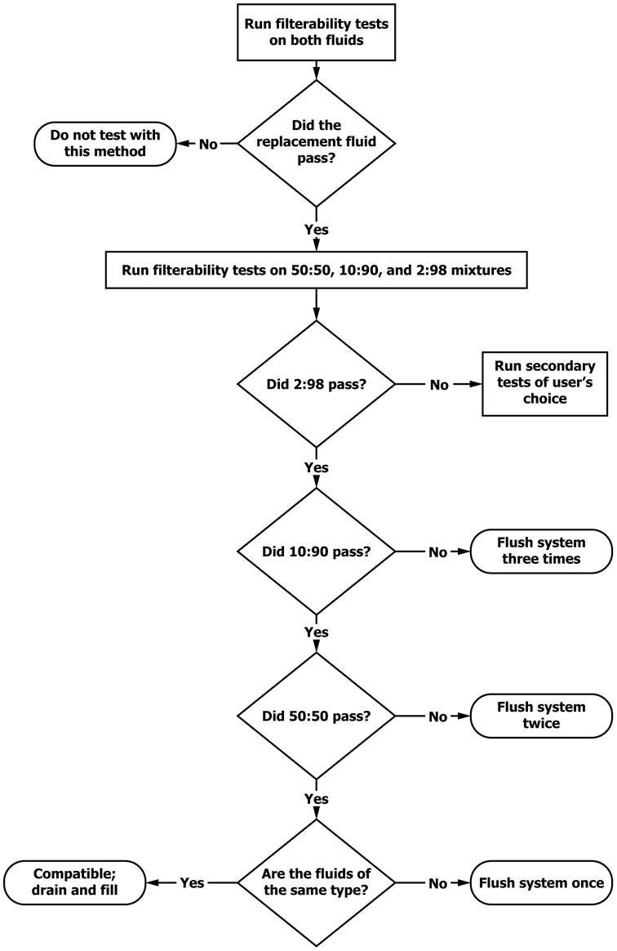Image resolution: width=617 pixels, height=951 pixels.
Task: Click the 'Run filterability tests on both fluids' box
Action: click(x=316, y=32)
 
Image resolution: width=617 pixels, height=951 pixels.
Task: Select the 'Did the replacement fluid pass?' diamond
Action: click(x=316, y=143)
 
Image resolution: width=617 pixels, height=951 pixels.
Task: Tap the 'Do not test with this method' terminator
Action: click(x=104, y=144)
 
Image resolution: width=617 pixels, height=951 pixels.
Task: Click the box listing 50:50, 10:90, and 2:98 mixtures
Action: click(x=316, y=270)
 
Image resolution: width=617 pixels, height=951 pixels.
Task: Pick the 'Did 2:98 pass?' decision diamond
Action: click(x=316, y=384)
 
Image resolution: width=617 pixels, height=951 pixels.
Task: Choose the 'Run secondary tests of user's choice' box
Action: click(x=544, y=383)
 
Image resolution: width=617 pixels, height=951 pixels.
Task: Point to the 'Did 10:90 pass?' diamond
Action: click(x=316, y=552)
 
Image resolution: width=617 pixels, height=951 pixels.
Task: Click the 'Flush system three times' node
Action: click(x=541, y=551)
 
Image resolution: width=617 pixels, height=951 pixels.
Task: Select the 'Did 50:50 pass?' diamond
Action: click(x=316, y=717)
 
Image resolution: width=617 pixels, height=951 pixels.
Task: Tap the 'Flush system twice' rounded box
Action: click(x=541, y=716)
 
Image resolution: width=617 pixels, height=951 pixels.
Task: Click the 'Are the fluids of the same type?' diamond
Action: click(x=316, y=883)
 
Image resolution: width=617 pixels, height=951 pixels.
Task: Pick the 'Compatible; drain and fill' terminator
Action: click(x=75, y=882)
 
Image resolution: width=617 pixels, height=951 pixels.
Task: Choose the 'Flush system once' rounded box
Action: click(x=541, y=883)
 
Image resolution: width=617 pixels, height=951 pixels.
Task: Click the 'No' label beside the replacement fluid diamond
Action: click(x=208, y=145)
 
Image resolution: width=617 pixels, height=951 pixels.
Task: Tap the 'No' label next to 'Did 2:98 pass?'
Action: click(x=439, y=385)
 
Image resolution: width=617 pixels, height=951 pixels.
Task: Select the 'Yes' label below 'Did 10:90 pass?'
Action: click(x=317, y=632)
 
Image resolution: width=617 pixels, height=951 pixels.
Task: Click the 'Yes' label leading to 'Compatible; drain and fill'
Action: click(x=192, y=883)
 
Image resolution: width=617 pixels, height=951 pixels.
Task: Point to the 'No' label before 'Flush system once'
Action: click(x=437, y=884)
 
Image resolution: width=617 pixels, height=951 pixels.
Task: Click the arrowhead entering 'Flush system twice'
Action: click(x=464, y=717)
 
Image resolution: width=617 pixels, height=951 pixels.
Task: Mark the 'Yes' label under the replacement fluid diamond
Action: click(x=317, y=230)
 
